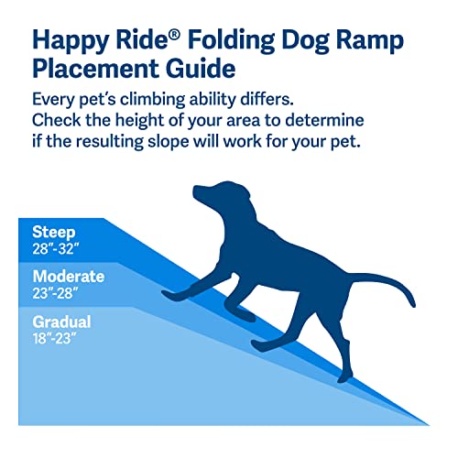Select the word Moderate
(68, 277)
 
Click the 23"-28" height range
(57, 294)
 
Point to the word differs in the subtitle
(312, 100)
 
